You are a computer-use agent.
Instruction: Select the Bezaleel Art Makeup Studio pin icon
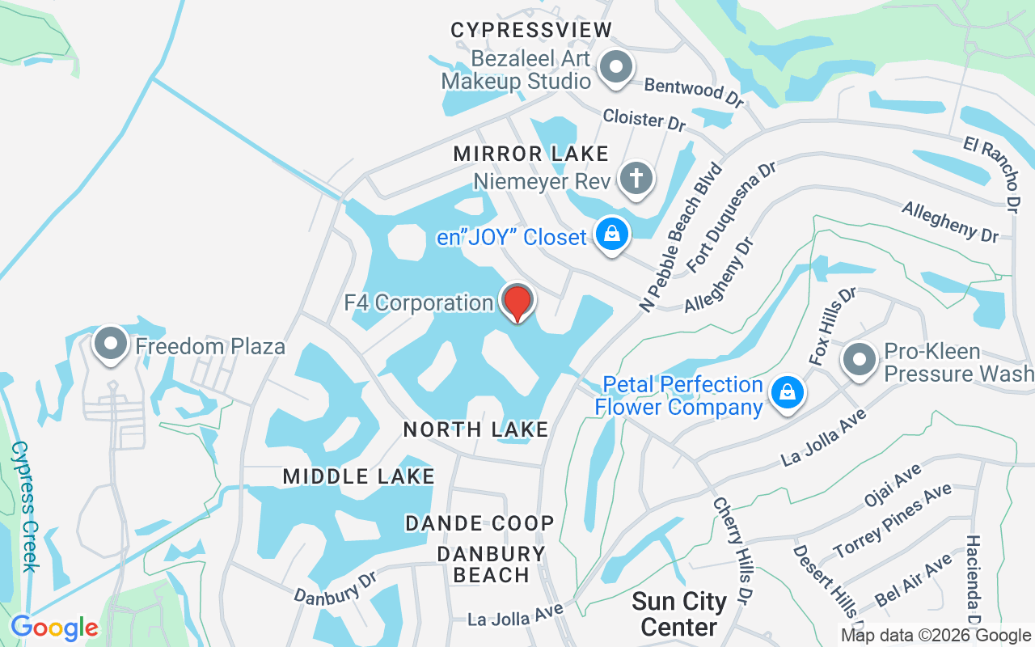(617, 68)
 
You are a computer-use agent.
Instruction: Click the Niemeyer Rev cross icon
(636, 178)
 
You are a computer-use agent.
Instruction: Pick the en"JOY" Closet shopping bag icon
(612, 235)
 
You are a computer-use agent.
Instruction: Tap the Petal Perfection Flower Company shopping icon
(786, 393)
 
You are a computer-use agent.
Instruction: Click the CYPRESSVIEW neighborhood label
(531, 31)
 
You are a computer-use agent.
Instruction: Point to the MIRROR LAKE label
(530, 154)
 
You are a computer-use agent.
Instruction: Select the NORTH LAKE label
(476, 429)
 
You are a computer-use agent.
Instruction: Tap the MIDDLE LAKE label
(359, 477)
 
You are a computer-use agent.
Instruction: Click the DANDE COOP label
(479, 523)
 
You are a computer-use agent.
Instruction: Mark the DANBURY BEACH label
(491, 565)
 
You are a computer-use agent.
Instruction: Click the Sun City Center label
(679, 614)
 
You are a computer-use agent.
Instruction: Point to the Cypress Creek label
(23, 506)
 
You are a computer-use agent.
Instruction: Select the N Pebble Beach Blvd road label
(680, 237)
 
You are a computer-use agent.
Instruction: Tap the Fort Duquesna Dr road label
(731, 217)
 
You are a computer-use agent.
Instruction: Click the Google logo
(54, 627)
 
